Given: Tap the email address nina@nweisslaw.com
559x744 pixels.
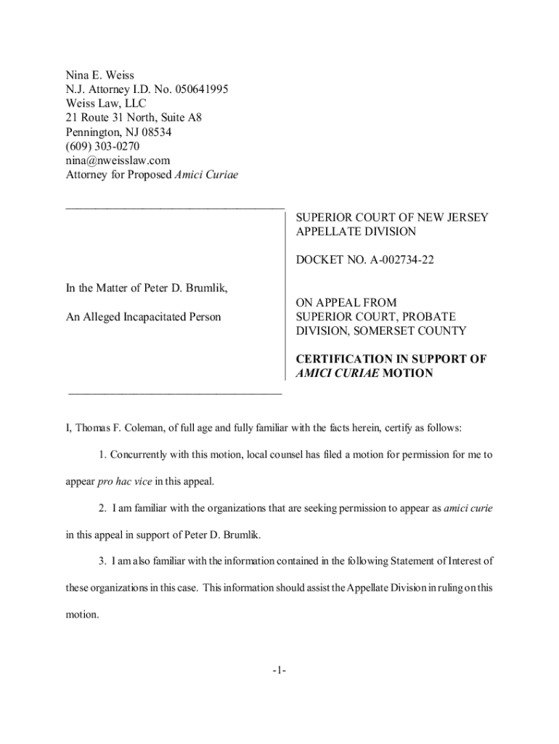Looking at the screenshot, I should click(x=118, y=161).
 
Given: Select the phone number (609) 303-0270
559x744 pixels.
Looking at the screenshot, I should click(x=98, y=146).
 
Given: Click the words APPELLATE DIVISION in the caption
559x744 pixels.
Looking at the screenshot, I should click(x=356, y=232).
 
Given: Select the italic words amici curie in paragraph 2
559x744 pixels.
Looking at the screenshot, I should click(x=468, y=509).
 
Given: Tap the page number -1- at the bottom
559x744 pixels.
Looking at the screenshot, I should click(x=279, y=671).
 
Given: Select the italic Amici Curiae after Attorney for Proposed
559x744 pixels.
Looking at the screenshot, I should click(x=207, y=175).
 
